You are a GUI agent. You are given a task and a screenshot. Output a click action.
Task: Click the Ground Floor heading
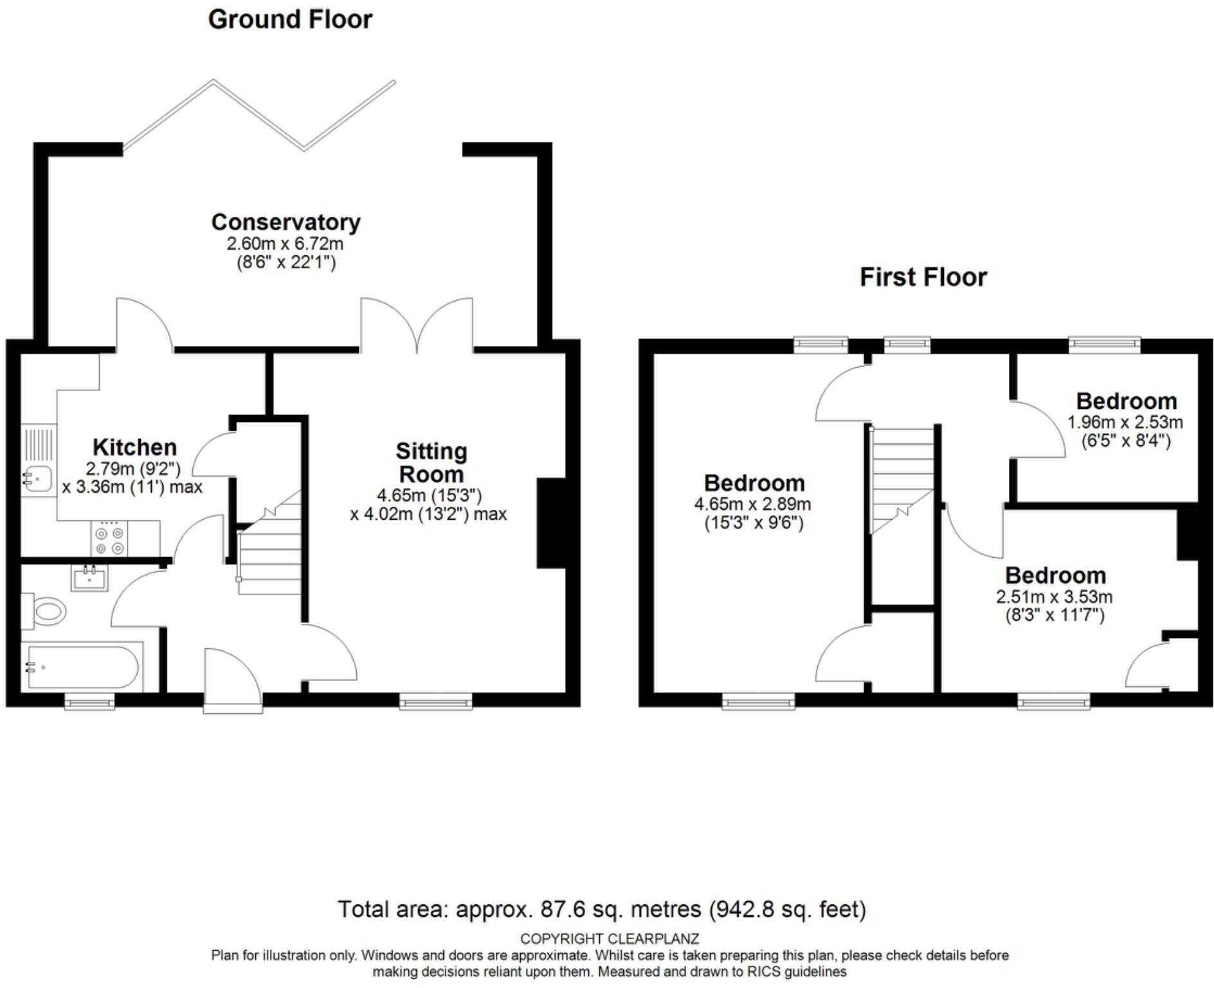[x=290, y=19]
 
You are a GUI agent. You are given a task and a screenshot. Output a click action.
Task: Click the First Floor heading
[x=923, y=277]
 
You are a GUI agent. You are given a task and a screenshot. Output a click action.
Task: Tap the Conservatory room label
[x=285, y=222]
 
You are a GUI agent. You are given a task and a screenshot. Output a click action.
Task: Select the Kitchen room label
[x=134, y=447]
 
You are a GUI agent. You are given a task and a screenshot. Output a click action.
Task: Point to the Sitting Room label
[x=431, y=462]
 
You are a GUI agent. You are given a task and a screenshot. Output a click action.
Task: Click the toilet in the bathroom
[x=46, y=610]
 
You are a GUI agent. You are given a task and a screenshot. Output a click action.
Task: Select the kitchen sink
[x=37, y=478]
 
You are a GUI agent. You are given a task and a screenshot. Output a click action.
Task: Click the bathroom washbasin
[x=89, y=578]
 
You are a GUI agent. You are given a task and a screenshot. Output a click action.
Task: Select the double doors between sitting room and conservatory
[x=417, y=328]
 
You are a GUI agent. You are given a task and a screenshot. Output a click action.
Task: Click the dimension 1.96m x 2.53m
[x=1125, y=423]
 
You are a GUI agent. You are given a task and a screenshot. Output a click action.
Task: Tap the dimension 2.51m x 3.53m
[x=1054, y=597]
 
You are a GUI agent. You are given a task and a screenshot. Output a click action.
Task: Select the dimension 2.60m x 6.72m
[x=285, y=244]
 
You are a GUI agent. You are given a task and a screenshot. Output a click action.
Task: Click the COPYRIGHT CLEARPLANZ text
[x=609, y=938]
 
